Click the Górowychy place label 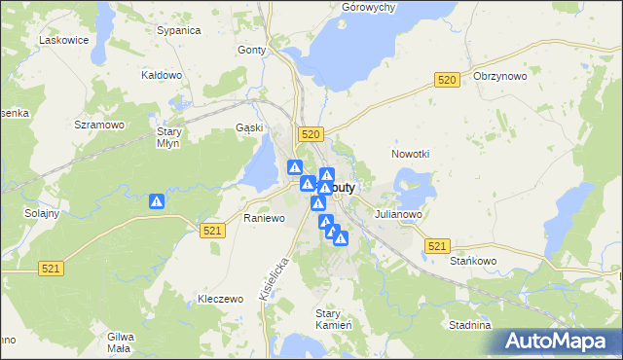tap(368, 7)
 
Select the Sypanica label tap(178, 30)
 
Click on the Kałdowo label tap(163, 75)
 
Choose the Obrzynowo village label tap(499, 76)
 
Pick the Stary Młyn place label tap(170, 137)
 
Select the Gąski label tap(250, 127)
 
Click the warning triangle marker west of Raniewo tap(156, 201)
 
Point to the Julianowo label tap(396, 214)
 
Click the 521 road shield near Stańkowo tap(437, 247)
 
